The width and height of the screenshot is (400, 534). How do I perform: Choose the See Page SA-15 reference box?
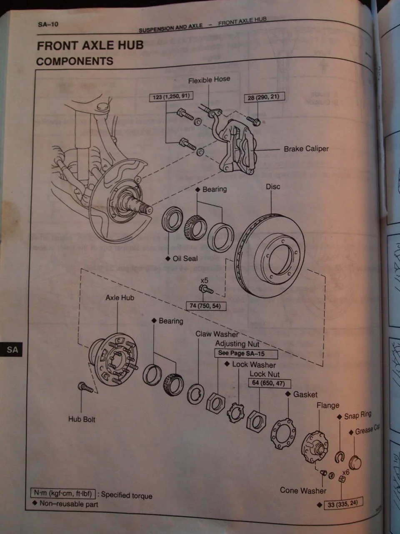(246, 353)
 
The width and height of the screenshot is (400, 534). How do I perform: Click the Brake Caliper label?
(306, 149)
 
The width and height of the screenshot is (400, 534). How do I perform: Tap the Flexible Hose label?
(209, 80)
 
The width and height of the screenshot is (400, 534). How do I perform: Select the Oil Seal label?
(185, 259)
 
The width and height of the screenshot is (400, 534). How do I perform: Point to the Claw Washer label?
(217, 334)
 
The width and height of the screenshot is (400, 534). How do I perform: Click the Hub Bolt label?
(82, 419)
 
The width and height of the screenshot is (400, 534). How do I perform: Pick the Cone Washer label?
(303, 491)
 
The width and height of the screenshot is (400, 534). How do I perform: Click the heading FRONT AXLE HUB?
(90, 45)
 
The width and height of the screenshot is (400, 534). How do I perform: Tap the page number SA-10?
(48, 24)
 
